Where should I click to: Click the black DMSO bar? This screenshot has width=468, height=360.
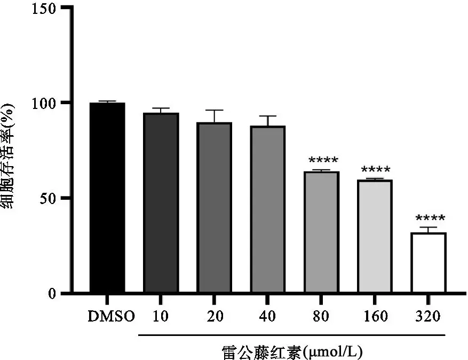point(107,198)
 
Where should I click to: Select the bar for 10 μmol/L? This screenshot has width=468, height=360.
point(161,203)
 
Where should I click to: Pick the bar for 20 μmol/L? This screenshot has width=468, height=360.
point(214,208)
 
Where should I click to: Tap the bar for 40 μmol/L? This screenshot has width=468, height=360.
point(267,209)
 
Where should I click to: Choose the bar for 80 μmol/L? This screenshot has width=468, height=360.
point(321,232)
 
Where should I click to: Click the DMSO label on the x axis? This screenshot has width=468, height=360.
point(112,317)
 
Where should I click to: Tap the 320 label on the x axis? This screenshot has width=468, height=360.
point(427,317)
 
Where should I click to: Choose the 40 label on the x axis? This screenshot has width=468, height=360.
point(267,317)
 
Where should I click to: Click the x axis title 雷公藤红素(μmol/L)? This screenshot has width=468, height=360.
point(293,351)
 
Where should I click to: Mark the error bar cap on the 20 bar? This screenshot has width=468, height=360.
point(214,110)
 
